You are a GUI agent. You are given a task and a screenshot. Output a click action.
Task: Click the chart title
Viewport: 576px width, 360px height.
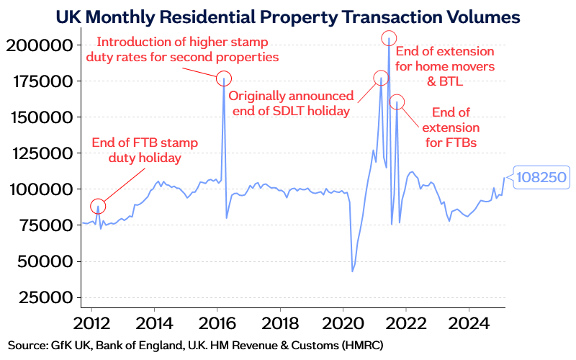288,14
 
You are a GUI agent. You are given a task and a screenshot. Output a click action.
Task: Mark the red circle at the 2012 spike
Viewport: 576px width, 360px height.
99,206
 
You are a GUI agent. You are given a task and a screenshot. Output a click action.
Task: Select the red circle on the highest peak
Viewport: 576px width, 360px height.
389,38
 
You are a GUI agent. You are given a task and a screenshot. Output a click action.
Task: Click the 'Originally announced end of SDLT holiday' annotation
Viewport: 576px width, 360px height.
290,103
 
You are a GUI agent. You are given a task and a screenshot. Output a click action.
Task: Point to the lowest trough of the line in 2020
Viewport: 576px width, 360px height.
352,271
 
